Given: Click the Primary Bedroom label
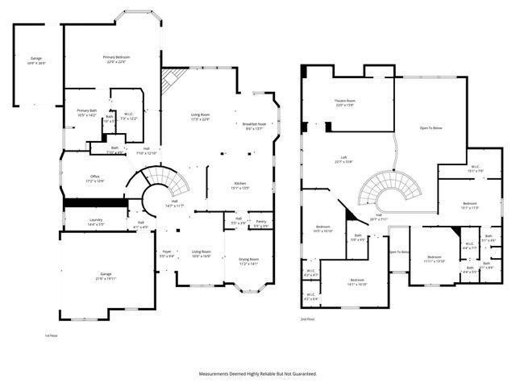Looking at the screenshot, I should pos(116,57).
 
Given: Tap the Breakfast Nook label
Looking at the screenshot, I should pos(254,123).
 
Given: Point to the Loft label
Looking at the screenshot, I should pos(343,158).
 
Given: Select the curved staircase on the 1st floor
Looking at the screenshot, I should pos(165,185).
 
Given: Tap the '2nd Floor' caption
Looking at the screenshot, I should pos(306,320).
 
